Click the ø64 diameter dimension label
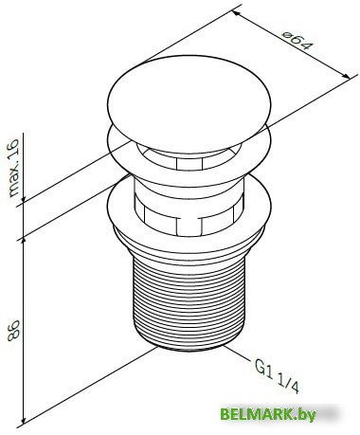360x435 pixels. [x=297, y=41]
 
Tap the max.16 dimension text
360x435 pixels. [x=13, y=168]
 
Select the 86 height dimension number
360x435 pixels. [x=14, y=331]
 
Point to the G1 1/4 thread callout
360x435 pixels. [x=277, y=376]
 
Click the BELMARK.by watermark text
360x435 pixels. [x=268, y=414]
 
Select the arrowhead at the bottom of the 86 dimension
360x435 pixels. [x=23, y=418]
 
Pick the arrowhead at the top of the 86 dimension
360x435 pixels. [x=23, y=244]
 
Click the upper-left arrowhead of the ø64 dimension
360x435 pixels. [x=236, y=13]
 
